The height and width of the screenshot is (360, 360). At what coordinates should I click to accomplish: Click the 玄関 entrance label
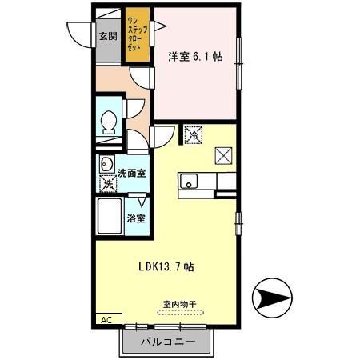click(x=107, y=36)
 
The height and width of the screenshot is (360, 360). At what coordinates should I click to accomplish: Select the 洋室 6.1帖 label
click(x=195, y=58)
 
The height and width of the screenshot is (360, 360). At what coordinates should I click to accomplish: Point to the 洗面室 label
click(x=132, y=172)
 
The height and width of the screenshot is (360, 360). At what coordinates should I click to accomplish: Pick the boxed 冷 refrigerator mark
click(x=193, y=135)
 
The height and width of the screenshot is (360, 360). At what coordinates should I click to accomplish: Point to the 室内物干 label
click(x=179, y=304)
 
